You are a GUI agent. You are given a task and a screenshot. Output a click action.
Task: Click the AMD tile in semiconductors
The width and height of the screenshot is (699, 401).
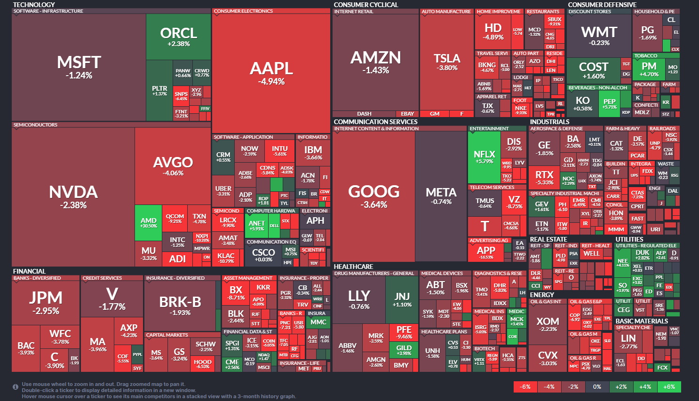pyautogui.click(x=148, y=222)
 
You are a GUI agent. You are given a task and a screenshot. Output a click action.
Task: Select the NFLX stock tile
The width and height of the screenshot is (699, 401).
pyautogui.click(x=484, y=157)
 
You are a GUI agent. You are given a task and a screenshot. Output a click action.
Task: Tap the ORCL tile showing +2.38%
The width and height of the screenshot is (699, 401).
pyautogui.click(x=178, y=37)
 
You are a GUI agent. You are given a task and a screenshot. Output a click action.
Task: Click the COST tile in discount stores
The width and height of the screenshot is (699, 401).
pyautogui.click(x=593, y=70)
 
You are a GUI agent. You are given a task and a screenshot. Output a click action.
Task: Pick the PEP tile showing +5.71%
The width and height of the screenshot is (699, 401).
pyautogui.click(x=609, y=103)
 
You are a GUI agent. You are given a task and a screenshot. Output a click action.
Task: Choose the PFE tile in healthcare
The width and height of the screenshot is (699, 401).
pyautogui.click(x=404, y=332)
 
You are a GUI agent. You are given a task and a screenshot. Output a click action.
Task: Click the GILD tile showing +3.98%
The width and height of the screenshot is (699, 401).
pyautogui.click(x=404, y=350)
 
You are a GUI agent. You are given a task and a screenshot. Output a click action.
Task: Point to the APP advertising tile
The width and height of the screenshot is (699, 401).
pyautogui.click(x=486, y=252)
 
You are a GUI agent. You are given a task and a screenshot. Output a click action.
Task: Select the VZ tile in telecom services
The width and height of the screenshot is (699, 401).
pyautogui.click(x=514, y=202)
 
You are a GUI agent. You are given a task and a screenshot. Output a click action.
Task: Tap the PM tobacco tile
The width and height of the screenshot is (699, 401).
pyautogui.click(x=649, y=69)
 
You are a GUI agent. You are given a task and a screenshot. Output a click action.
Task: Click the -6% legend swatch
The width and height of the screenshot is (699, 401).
pyautogui.click(x=525, y=387)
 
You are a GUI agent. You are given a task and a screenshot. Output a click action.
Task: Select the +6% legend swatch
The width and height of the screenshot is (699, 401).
pyautogui.click(x=669, y=387)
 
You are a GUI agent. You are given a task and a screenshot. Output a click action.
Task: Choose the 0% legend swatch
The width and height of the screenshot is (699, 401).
pyautogui.click(x=597, y=387)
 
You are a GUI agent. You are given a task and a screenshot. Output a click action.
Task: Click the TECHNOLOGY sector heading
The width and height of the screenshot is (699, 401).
pyautogui.click(x=34, y=5)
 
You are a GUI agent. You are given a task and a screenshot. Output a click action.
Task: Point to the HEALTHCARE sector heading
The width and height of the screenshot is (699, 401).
pyautogui.click(x=353, y=267)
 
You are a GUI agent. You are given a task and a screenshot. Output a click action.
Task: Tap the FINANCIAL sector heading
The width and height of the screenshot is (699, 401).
pyautogui.click(x=29, y=271)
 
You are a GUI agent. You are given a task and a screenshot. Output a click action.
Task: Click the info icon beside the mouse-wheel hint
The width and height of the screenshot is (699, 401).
pyautogui.click(x=16, y=387)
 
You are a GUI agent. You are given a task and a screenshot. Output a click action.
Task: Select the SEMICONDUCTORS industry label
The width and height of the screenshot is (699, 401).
pyautogui.click(x=35, y=125)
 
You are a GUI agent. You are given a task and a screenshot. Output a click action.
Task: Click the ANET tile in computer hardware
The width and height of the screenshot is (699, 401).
pyautogui.click(x=256, y=225)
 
